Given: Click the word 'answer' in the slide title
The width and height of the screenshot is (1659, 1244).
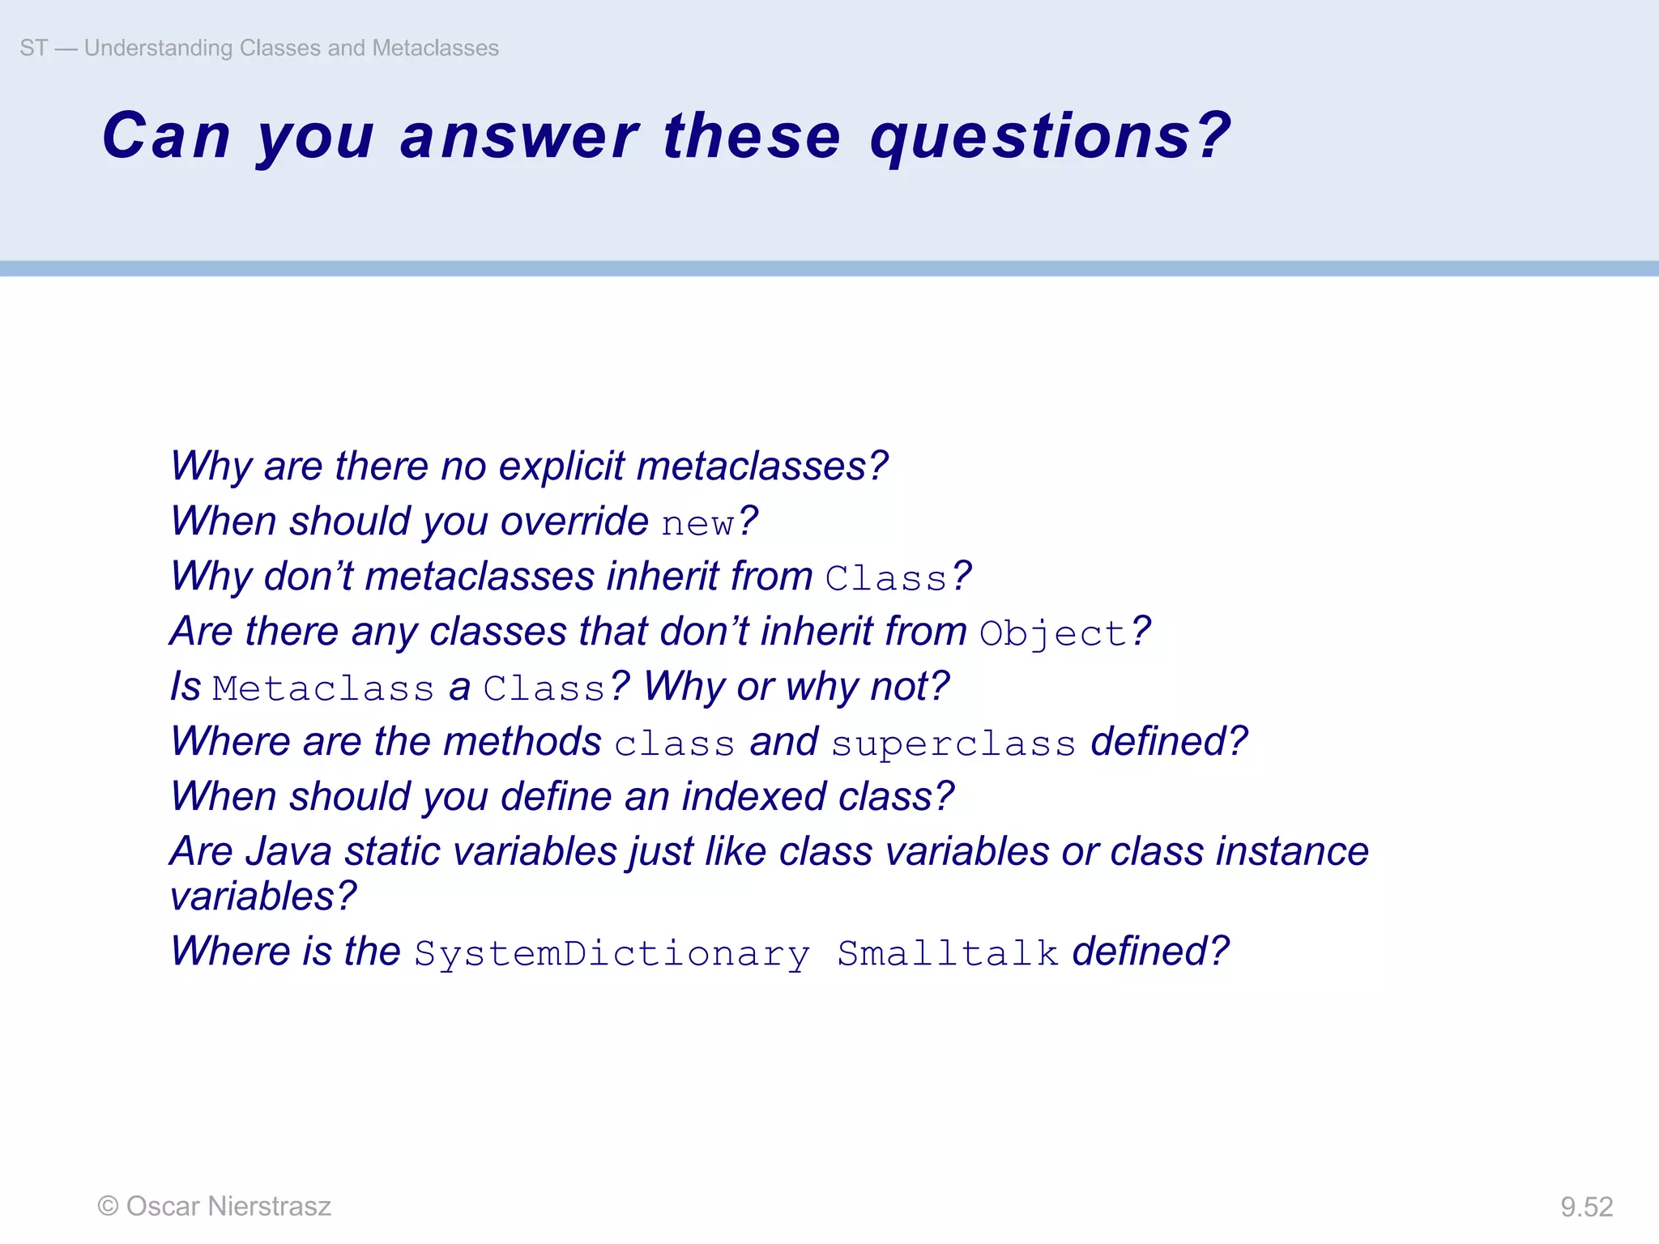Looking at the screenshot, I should tap(519, 135).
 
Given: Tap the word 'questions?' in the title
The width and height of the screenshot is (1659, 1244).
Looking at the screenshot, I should tap(1050, 135).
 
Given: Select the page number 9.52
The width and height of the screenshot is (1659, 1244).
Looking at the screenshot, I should tap(1586, 1207).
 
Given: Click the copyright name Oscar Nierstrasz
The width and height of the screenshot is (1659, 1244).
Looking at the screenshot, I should tap(228, 1206).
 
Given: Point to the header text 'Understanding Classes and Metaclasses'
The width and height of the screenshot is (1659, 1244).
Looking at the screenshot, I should tap(292, 48).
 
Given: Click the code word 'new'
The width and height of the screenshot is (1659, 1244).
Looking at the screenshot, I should tap(697, 523).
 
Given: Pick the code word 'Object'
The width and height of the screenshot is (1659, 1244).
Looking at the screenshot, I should tap(1052, 633).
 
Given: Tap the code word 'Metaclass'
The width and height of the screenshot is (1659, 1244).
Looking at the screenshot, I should tap(323, 688).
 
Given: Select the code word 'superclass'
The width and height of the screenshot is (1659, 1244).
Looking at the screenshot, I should tap(953, 743).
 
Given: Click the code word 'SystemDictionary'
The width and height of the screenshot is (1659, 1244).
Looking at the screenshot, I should tap(612, 953).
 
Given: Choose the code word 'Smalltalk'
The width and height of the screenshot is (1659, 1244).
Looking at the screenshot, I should tap(948, 953).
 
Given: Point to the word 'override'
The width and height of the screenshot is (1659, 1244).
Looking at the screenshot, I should tap(574, 521).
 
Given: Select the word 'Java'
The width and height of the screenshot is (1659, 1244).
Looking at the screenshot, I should tap(288, 851).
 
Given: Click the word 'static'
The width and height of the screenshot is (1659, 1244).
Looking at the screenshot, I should tap(392, 851).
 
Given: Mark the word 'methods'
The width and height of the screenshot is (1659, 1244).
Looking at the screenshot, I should tap(522, 741).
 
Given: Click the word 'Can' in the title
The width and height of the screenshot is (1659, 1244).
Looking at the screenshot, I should tap(167, 135).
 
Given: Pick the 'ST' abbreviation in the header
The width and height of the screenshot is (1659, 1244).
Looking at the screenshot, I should tap(33, 48).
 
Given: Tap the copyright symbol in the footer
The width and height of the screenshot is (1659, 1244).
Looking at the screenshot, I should tap(108, 1206).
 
